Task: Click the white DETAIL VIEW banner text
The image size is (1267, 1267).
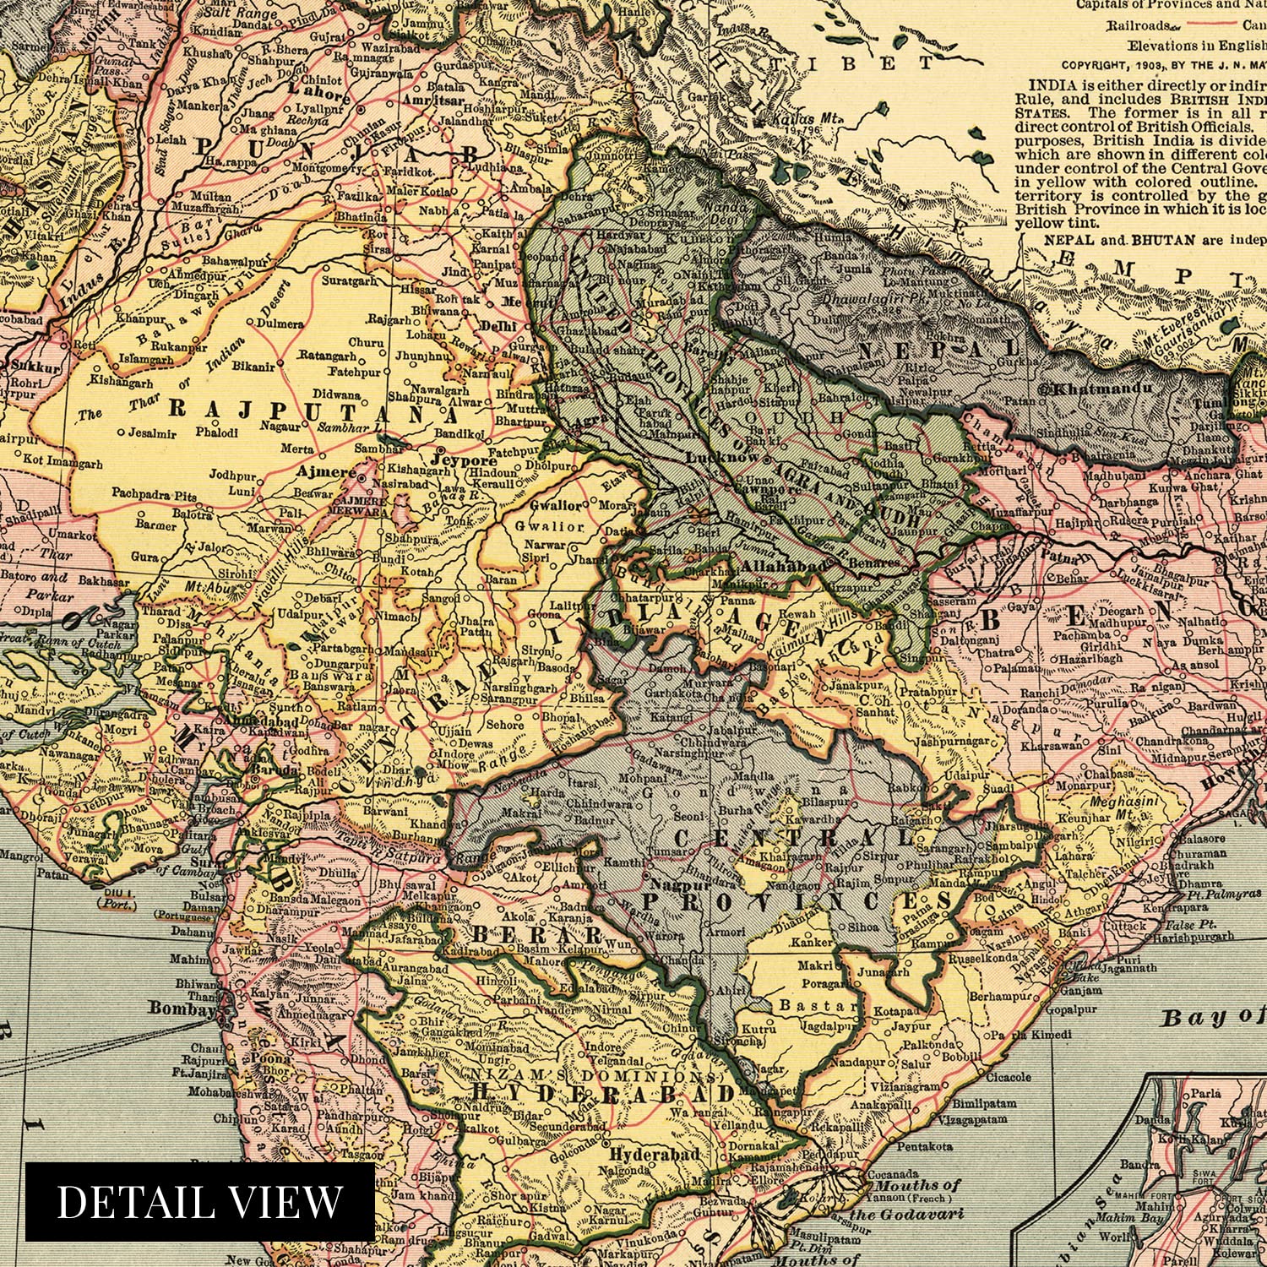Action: (x=199, y=1201)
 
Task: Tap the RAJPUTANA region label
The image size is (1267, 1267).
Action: (x=312, y=411)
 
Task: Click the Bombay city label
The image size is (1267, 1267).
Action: (x=182, y=1008)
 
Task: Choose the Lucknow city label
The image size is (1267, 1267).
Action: (x=722, y=457)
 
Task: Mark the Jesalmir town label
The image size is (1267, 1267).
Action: (x=152, y=433)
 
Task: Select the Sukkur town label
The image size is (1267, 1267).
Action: (x=35, y=367)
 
